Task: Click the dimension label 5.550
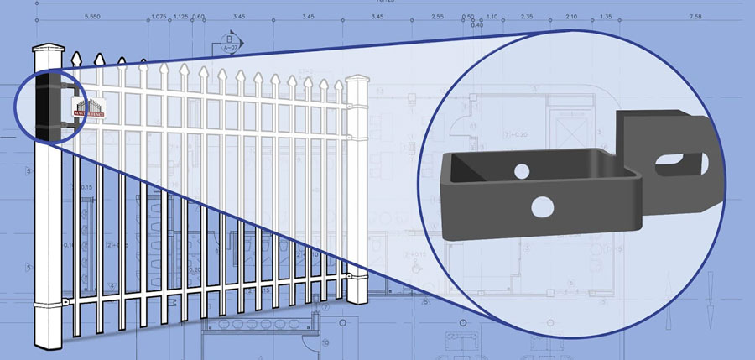tap(93, 17)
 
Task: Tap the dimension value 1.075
tap(158, 17)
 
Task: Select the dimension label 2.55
tap(437, 17)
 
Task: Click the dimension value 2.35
tap(527, 17)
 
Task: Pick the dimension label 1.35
tap(606, 17)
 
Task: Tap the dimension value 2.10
tap(571, 17)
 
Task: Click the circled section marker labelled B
tap(228, 39)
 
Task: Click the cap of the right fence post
tap(356, 81)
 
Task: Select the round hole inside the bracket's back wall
tap(522, 172)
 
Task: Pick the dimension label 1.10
tap(492, 17)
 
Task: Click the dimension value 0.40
tap(477, 25)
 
